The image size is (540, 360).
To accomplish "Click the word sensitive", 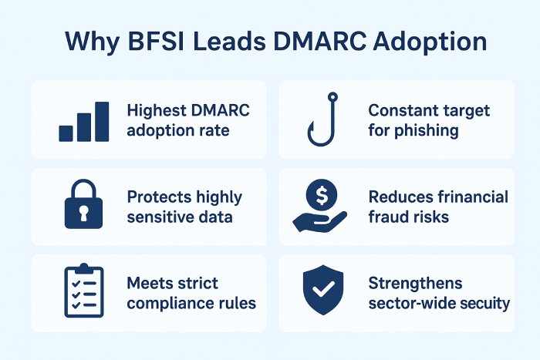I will click(161, 217).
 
